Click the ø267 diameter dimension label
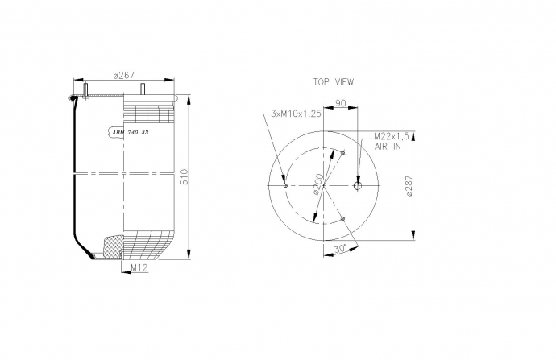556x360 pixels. (x=124, y=76)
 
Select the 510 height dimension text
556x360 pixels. (x=185, y=176)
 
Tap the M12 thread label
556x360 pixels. (x=139, y=268)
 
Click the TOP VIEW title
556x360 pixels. (x=334, y=82)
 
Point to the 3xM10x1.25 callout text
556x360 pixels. (x=296, y=114)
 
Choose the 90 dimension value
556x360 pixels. (x=340, y=103)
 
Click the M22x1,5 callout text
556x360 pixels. (x=392, y=136)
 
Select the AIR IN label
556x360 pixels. (x=388, y=146)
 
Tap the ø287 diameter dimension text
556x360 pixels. (x=409, y=186)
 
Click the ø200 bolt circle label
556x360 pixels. (x=318, y=184)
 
